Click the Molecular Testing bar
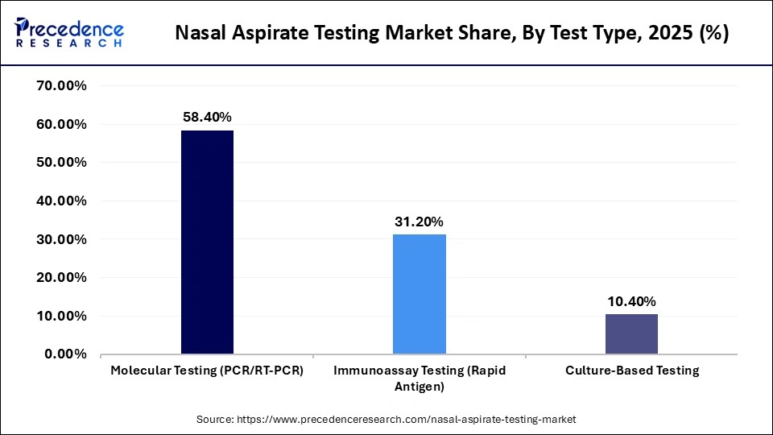[x=207, y=242]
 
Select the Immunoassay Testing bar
[x=420, y=294]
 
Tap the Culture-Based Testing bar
[x=631, y=333]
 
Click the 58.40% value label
[x=207, y=117]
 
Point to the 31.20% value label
[x=420, y=222]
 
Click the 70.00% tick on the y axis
[x=59, y=85]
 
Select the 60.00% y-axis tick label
[x=59, y=124]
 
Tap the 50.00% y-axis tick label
[x=59, y=162]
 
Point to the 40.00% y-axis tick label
[x=59, y=201]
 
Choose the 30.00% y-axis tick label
[x=59, y=239]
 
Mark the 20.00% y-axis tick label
[x=59, y=277]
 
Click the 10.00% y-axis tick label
[x=59, y=316]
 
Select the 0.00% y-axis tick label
[x=63, y=354]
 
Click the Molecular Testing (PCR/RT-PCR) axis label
[x=207, y=371]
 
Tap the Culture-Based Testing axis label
[x=632, y=371]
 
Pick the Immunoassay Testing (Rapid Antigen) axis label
[x=420, y=378]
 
